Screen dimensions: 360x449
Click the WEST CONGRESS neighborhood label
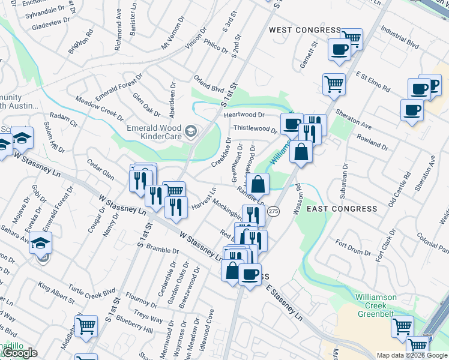tap(304, 30)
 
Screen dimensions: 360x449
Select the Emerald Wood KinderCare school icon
tap(191, 130)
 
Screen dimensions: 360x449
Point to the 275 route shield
tap(274, 211)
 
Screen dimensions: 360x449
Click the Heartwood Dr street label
tap(244, 115)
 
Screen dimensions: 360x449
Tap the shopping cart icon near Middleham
tap(86, 326)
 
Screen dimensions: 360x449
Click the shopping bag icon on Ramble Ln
tap(258, 184)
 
